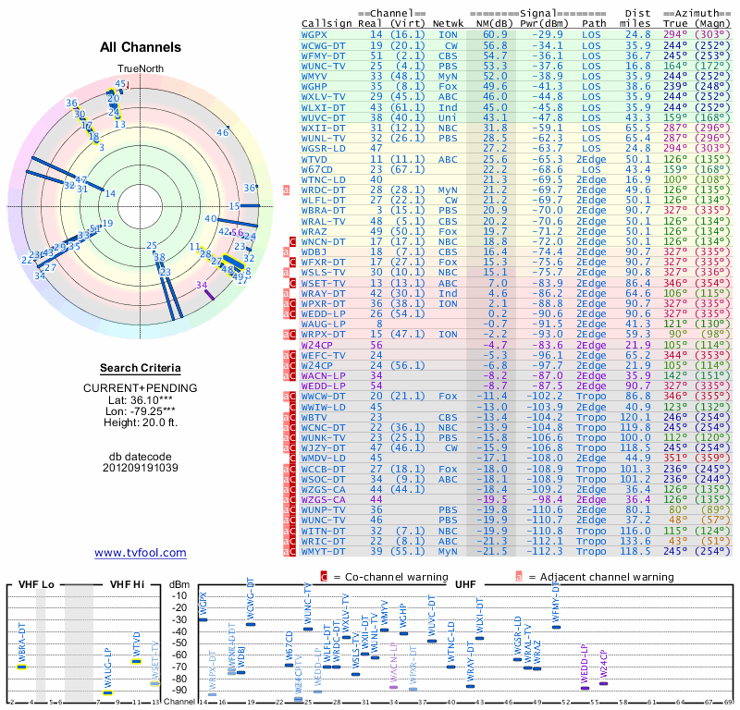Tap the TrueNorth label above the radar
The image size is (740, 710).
[x=140, y=70]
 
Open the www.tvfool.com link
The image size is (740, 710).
[x=140, y=553]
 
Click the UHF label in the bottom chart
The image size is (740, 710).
[x=462, y=584]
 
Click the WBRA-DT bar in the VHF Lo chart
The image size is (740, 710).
[x=21, y=666]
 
